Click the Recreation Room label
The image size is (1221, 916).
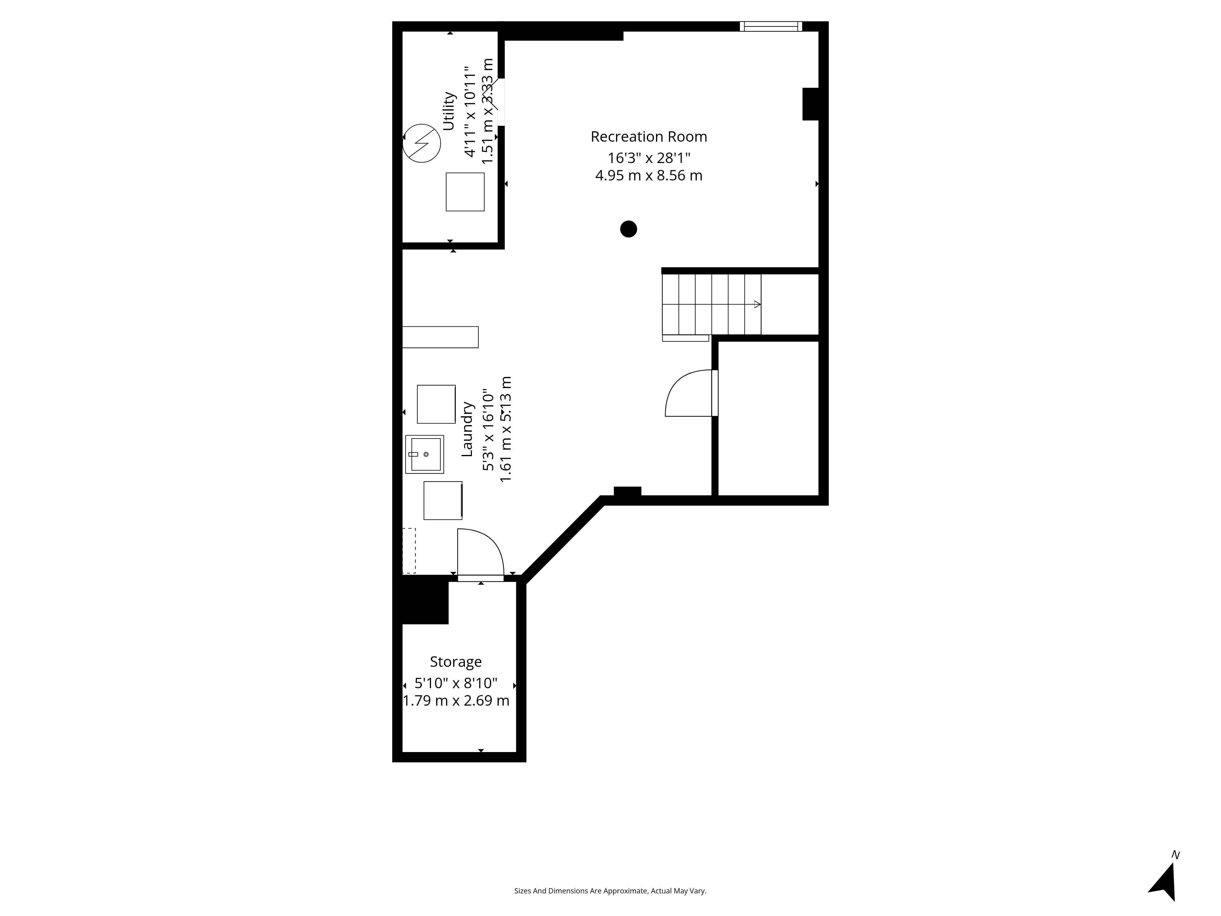point(649,136)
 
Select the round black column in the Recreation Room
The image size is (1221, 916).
point(628,229)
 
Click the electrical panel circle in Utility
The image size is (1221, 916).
point(422,143)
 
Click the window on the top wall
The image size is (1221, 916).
point(770,26)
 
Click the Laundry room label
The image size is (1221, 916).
point(467,429)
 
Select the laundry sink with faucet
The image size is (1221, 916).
point(425,454)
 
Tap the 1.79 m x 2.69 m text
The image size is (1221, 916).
point(456,701)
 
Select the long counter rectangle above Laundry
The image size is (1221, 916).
point(440,337)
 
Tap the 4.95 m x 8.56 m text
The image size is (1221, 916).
point(649,176)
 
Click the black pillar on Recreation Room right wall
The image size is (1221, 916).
point(810,104)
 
